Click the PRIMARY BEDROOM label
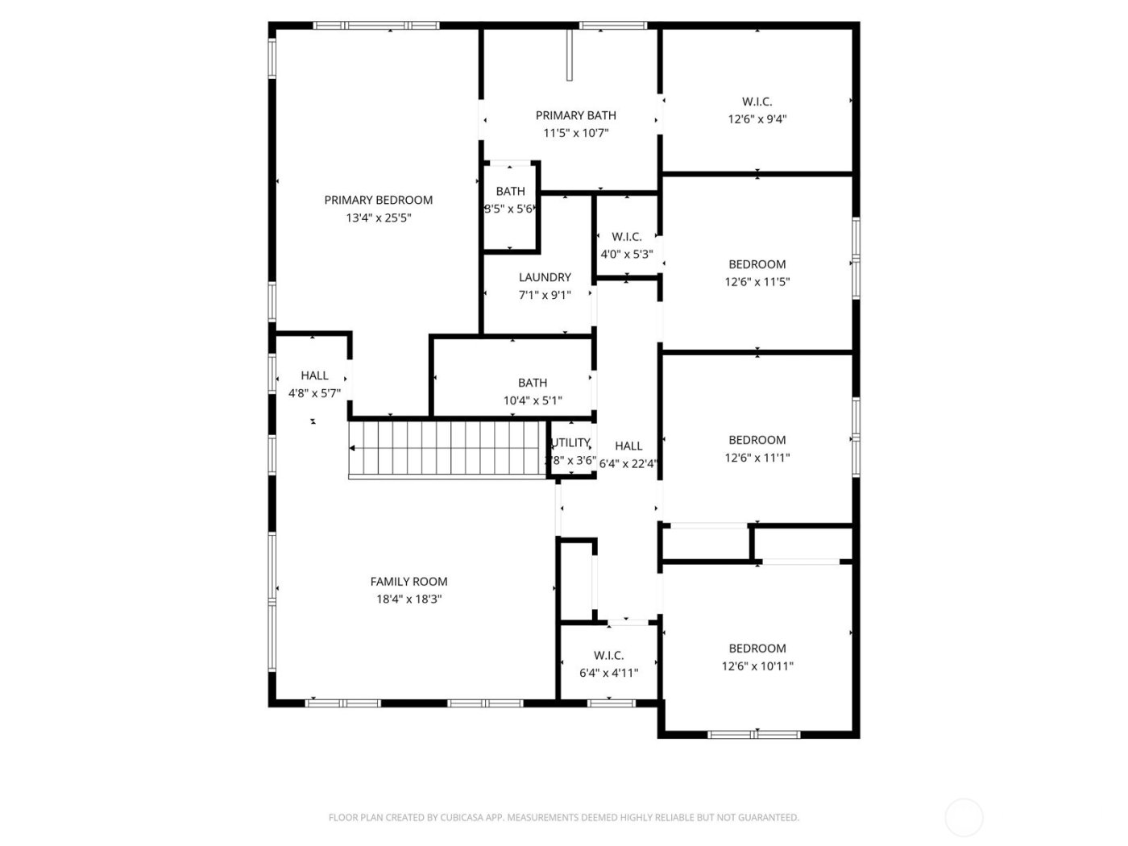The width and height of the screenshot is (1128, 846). pos(378,200)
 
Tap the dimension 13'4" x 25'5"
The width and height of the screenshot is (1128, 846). pos(378,218)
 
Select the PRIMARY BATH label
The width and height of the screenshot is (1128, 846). pos(575,115)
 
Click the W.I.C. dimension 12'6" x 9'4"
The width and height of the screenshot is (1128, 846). pos(757,119)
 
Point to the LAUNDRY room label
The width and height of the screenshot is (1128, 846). pos(545,277)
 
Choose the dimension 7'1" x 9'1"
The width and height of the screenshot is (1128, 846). pos(545,295)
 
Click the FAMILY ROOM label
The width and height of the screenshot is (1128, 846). pos(408,581)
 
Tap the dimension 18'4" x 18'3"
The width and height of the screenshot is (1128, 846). pos(408,599)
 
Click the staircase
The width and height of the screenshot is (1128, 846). pos(447,449)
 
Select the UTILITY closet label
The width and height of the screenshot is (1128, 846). pos(571,442)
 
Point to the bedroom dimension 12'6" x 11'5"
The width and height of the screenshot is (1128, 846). pos(757,282)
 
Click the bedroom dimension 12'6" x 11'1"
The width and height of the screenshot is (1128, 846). pos(757,458)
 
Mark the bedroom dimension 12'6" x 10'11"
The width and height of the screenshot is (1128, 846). pos(757,666)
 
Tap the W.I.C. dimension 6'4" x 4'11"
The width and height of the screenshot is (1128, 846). pos(608,673)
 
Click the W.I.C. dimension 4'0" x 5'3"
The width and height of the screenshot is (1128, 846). pos(626,255)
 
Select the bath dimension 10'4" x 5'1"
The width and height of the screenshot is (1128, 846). pos(532,400)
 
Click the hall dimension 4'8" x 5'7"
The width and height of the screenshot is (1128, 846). pos(314,393)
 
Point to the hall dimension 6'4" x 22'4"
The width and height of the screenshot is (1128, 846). pos(628,463)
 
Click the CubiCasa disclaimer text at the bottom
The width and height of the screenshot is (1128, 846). pos(563,817)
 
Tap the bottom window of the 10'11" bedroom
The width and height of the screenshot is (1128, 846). pos(753,734)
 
